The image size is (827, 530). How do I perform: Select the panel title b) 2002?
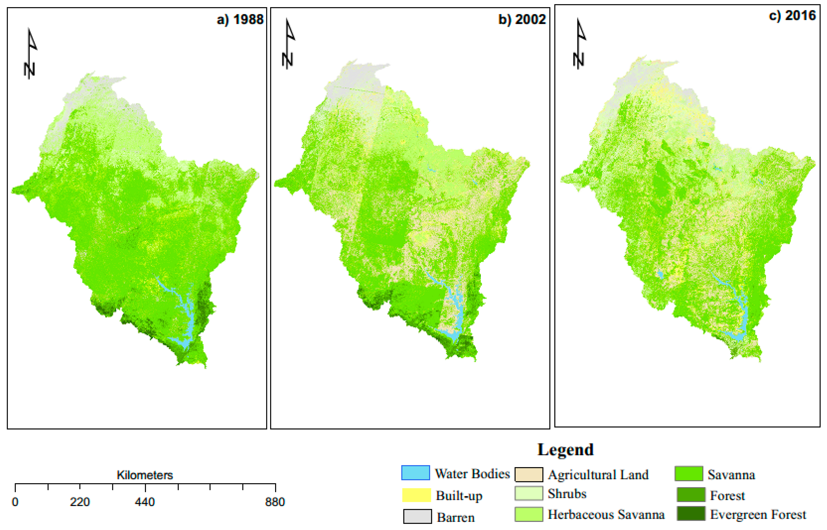tap(522, 20)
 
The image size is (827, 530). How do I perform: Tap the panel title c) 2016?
tap(792, 16)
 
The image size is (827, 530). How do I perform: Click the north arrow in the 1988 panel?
tap(30, 53)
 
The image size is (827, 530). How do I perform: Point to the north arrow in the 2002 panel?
tap(288, 44)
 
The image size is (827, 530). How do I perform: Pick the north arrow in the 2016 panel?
tap(579, 44)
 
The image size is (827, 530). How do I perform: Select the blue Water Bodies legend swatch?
tap(415, 473)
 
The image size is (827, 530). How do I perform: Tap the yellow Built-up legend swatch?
tap(416, 495)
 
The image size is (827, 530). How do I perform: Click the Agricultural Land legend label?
tap(598, 475)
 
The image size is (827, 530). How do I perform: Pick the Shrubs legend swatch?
tap(529, 493)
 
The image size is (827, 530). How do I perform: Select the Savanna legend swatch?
tap(689, 474)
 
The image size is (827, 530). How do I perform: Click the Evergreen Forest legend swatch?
tap(691, 514)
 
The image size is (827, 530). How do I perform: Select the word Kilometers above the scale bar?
tap(145, 475)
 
